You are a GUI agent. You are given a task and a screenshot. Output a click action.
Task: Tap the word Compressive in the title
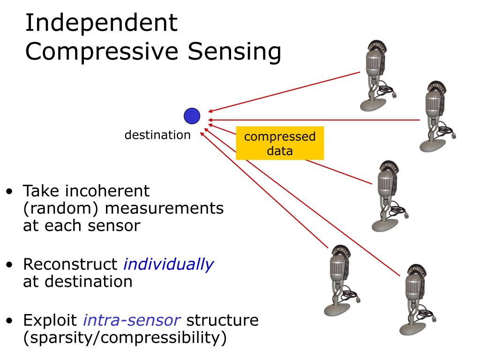click(x=102, y=52)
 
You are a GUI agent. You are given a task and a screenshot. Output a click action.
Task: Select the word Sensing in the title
click(x=234, y=52)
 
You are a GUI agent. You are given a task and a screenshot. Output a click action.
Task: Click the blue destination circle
click(x=192, y=116)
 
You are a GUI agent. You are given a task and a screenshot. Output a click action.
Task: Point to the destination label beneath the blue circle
click(x=157, y=135)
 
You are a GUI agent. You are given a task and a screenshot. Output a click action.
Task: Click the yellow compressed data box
click(x=280, y=143)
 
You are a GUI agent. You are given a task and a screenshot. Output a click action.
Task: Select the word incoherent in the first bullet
click(x=107, y=191)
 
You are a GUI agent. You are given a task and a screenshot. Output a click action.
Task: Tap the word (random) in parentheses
click(x=61, y=209)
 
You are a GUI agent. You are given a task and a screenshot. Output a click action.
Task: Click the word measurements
click(x=165, y=209)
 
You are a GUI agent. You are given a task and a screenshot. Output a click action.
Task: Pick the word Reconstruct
click(x=70, y=264)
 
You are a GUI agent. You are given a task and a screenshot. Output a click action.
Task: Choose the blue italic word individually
click(x=169, y=264)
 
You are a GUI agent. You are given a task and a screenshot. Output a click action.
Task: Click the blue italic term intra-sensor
click(x=132, y=320)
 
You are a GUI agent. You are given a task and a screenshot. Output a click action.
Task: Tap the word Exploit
click(x=50, y=321)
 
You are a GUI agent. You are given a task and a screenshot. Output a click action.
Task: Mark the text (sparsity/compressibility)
click(x=125, y=338)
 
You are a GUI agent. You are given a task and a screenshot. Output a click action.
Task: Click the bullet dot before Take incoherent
click(x=9, y=192)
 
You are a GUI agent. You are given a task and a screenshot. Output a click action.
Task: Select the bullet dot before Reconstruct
click(x=9, y=264)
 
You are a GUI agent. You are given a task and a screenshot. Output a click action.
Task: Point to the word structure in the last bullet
click(x=223, y=320)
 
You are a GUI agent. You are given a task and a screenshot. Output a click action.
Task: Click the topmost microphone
click(x=377, y=75)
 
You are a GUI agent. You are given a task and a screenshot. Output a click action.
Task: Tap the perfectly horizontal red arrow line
click(x=314, y=120)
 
